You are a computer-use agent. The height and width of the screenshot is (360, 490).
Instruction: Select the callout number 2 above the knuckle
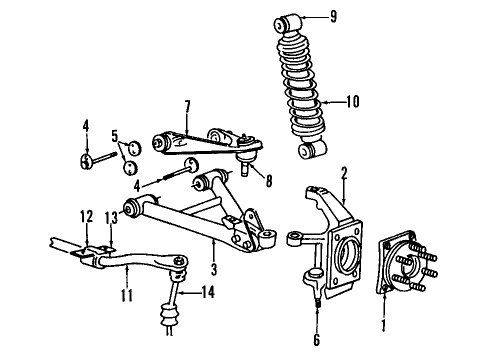[x=343, y=172]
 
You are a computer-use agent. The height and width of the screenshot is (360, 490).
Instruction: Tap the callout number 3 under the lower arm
[x=215, y=268]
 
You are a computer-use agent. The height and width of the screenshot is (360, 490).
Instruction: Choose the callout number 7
[x=186, y=105]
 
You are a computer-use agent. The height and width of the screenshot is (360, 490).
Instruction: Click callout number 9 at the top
[x=335, y=16]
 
